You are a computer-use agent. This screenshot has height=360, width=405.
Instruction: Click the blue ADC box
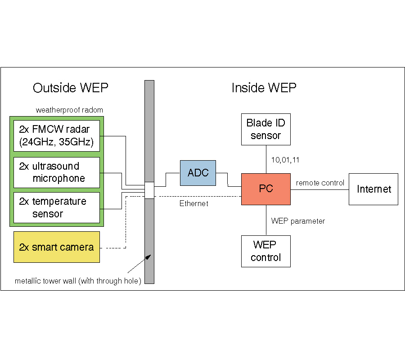click(x=198, y=173)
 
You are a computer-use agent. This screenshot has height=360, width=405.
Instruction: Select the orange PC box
click(x=265, y=189)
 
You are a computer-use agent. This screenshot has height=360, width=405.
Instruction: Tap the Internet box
click(x=373, y=189)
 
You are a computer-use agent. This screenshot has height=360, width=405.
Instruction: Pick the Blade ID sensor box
click(x=265, y=129)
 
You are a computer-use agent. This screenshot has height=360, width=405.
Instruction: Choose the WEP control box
click(x=265, y=251)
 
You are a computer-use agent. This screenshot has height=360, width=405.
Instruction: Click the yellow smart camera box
click(x=57, y=247)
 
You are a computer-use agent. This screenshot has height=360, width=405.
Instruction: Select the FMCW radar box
click(x=57, y=136)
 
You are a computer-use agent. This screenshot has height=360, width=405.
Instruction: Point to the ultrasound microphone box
click(x=57, y=172)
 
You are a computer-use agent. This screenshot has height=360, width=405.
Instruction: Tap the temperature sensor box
click(x=57, y=207)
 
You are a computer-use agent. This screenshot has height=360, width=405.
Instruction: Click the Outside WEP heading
click(x=71, y=88)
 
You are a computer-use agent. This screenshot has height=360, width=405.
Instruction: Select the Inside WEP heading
click(x=264, y=88)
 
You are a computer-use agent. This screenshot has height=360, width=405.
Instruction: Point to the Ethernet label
click(x=194, y=204)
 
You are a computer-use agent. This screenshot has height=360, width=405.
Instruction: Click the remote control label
click(x=320, y=183)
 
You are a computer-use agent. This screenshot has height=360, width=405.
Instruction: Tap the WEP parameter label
click(x=298, y=221)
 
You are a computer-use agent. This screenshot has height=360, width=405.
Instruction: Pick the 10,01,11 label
click(x=285, y=159)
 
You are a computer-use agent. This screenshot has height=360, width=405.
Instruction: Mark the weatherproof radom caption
click(x=69, y=110)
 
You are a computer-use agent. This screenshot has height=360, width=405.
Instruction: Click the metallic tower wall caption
click(x=78, y=281)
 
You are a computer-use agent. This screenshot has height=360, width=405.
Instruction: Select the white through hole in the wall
click(x=149, y=190)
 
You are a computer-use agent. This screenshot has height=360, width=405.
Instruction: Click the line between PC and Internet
click(x=319, y=189)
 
